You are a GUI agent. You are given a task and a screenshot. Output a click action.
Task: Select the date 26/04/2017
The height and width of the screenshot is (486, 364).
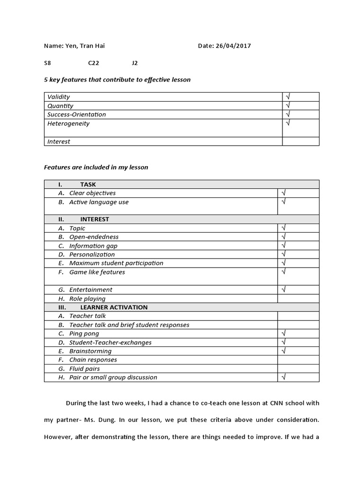pyautogui.click(x=233, y=46)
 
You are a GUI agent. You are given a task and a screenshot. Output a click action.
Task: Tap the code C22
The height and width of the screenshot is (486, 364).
pyautogui.click(x=93, y=63)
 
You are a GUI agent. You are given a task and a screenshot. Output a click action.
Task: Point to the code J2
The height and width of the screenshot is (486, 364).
pyautogui.click(x=135, y=63)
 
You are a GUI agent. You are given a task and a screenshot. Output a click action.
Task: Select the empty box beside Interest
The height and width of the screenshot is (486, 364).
pyautogui.click(x=300, y=141)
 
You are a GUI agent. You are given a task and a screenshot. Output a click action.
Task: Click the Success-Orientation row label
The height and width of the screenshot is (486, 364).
pyautogui.click(x=77, y=114)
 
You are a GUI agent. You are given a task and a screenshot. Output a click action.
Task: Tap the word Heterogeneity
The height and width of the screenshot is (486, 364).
pyautogui.click(x=68, y=123)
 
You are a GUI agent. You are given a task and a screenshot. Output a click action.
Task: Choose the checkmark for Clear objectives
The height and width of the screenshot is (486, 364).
pyautogui.click(x=283, y=193)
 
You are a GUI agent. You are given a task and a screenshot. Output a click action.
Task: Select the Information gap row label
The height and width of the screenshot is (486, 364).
pyautogui.click(x=93, y=246)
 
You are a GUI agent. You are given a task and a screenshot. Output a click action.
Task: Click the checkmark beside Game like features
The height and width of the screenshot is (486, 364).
pyautogui.click(x=283, y=272)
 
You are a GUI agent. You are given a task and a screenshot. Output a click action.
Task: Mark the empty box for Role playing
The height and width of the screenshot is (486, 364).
pyautogui.click(x=298, y=299)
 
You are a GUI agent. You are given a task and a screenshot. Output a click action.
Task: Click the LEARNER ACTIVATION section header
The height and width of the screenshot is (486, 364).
pyautogui.click(x=114, y=307)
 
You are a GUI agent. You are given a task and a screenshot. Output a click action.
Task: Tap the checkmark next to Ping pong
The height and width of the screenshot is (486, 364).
pyautogui.click(x=283, y=334)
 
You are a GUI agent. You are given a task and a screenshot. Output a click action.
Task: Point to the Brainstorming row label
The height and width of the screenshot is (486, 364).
pyautogui.click(x=90, y=351)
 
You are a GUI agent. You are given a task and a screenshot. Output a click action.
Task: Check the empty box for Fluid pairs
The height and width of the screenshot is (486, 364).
pyautogui.click(x=298, y=368)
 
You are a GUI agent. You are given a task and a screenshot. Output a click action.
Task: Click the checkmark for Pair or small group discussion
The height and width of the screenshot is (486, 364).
pyautogui.click(x=283, y=377)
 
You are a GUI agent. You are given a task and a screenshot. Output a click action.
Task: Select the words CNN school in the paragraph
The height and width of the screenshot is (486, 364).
pyautogui.click(x=289, y=403)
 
